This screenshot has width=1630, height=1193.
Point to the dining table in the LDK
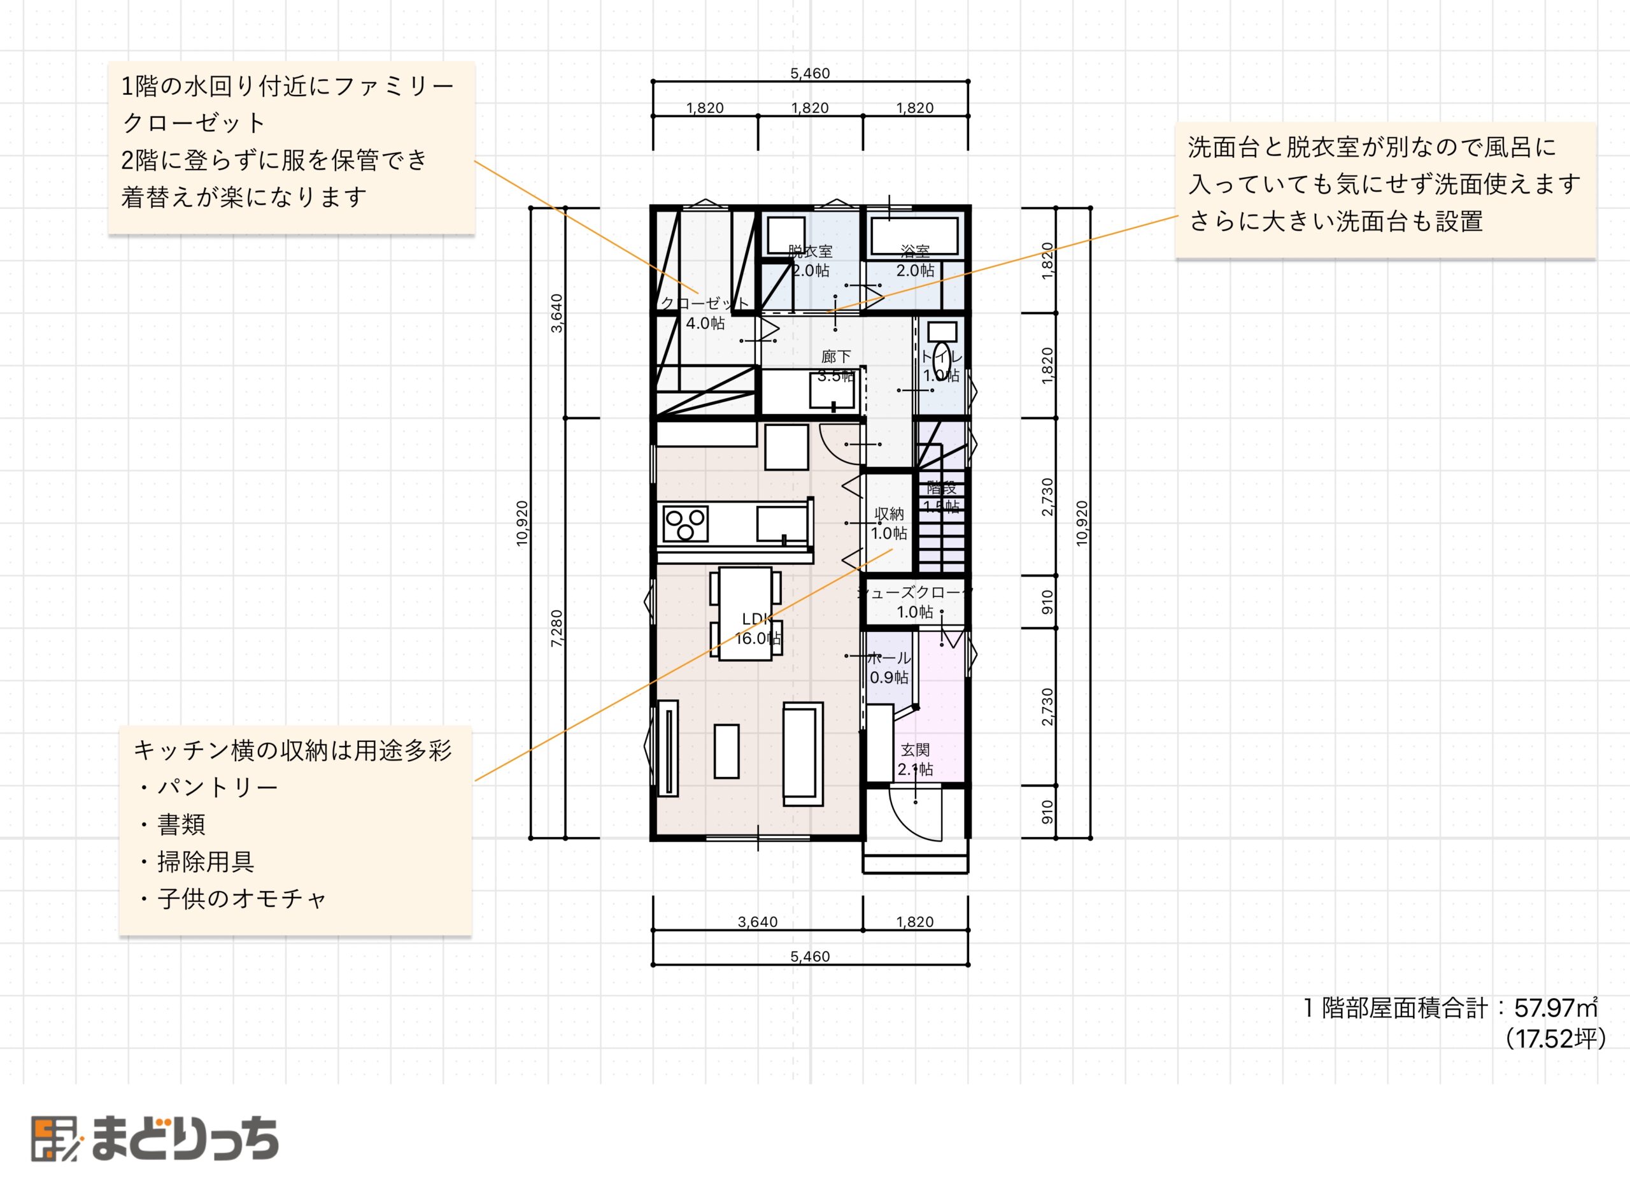coord(745,613)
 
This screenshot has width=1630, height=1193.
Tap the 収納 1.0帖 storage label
coord(889,524)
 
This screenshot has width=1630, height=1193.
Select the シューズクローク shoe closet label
coord(914,601)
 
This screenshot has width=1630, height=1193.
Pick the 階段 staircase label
coord(941,497)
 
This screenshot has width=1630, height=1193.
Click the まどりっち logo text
coord(185,1139)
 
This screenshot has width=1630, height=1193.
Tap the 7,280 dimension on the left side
coord(556,627)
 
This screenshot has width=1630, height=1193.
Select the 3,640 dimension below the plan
coord(757,922)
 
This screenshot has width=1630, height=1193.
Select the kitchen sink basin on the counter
coord(781,523)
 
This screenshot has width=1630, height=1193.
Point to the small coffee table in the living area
coord(726,751)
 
